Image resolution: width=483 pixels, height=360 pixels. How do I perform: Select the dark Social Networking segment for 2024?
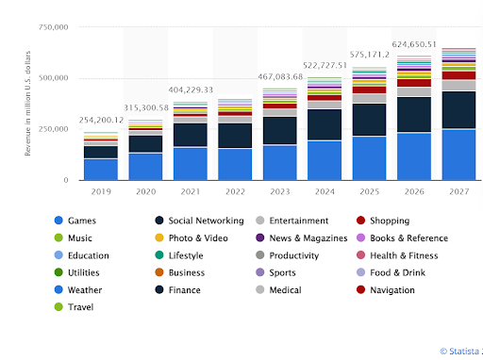[325, 124]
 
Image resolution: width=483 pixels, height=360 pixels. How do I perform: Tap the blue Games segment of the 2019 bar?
[101, 169]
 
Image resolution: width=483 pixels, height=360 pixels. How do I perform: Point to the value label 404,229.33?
[191, 89]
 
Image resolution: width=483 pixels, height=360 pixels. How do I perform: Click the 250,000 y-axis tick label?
[52, 129]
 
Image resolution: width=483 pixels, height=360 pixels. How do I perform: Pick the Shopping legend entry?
[390, 221]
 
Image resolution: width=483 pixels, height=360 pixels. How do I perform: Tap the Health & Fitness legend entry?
[404, 255]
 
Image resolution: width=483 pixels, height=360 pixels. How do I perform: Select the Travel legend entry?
[80, 307]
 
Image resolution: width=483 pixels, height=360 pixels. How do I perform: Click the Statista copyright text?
[460, 351]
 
